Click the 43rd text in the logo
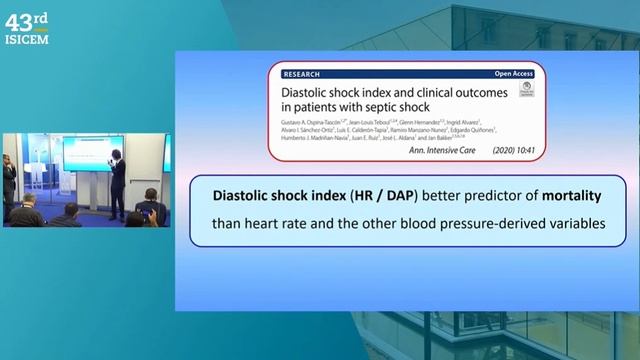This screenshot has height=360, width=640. [x=26, y=19]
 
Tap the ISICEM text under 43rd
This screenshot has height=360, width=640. [x=26, y=39]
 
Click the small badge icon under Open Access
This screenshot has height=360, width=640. [x=526, y=89]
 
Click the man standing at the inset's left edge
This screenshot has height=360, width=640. [x=9, y=180]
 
